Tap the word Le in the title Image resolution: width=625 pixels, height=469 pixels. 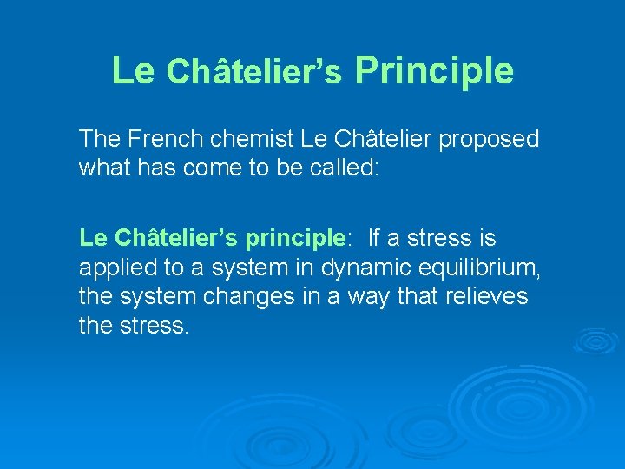point(133,70)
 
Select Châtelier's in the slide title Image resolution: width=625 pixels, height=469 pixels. point(254,73)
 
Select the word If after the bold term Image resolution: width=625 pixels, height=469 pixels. point(374,237)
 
